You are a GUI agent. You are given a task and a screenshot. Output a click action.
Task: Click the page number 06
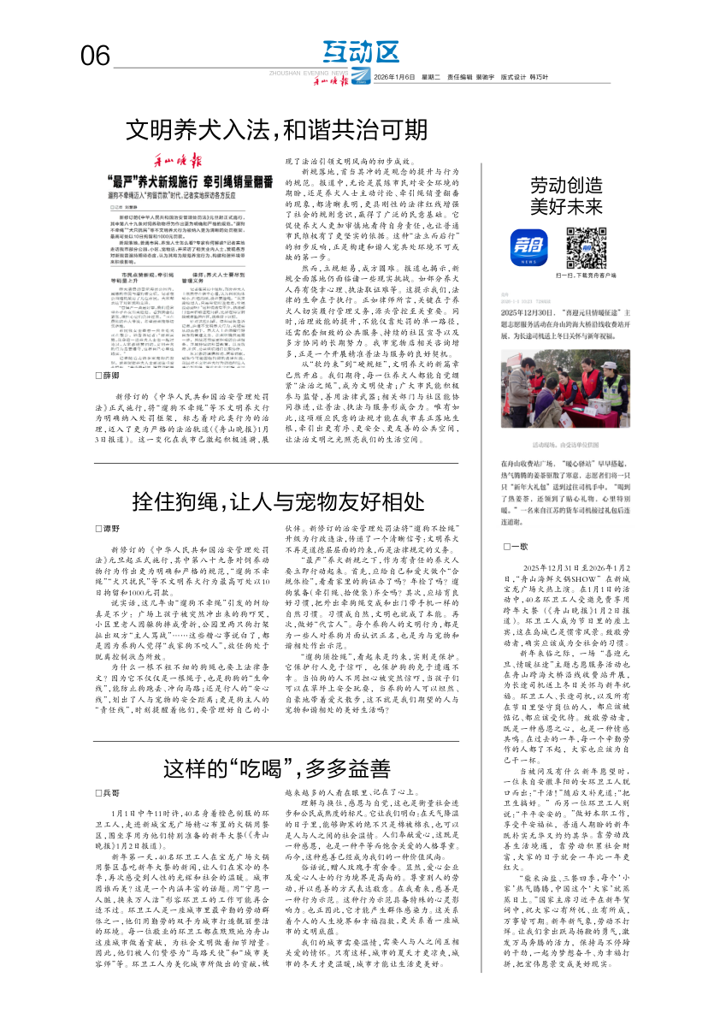click(96, 56)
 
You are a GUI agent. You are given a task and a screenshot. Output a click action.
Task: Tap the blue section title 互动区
click(363, 52)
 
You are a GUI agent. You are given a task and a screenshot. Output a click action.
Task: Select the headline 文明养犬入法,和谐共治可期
click(277, 130)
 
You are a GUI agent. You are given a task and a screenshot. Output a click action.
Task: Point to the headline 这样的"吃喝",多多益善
click(277, 767)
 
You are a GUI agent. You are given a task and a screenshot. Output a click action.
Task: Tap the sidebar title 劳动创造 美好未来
click(566, 195)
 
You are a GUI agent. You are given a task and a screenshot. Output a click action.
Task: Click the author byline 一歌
click(518, 546)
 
